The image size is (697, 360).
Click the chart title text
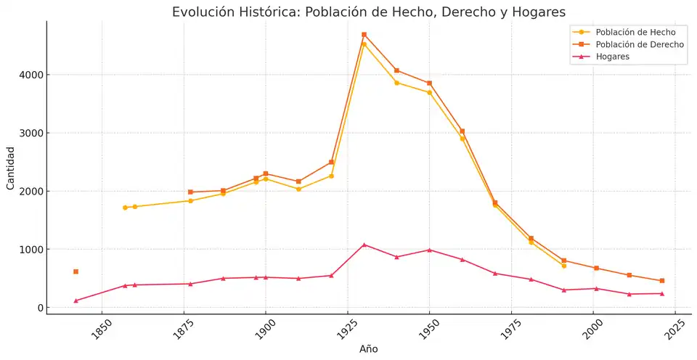click(x=368, y=12)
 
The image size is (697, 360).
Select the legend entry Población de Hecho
click(x=635, y=32)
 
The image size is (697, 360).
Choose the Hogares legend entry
click(x=612, y=57)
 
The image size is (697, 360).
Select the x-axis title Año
click(x=368, y=349)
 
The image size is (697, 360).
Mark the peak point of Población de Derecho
click(x=364, y=34)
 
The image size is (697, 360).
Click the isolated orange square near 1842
click(x=76, y=271)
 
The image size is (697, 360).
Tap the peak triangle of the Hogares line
click(x=364, y=245)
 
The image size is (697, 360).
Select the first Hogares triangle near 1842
click(x=76, y=300)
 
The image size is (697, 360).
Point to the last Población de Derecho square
click(x=661, y=281)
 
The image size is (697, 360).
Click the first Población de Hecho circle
click(x=125, y=208)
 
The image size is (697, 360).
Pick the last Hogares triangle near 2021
click(x=661, y=293)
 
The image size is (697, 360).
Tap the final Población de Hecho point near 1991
click(x=563, y=266)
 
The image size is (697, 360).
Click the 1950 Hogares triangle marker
click(x=429, y=250)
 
